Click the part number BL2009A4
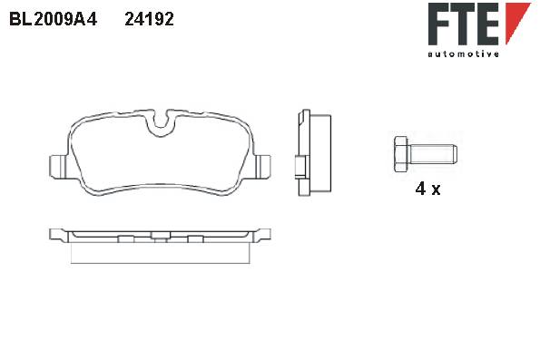[x=54, y=19]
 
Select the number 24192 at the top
[x=149, y=19]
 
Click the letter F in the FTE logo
[x=438, y=24]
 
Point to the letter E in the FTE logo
[x=488, y=24]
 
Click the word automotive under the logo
[x=463, y=54]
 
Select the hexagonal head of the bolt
[x=400, y=154]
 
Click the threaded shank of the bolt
[x=433, y=154]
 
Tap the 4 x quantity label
[x=427, y=189]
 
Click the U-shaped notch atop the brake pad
[x=160, y=124]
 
